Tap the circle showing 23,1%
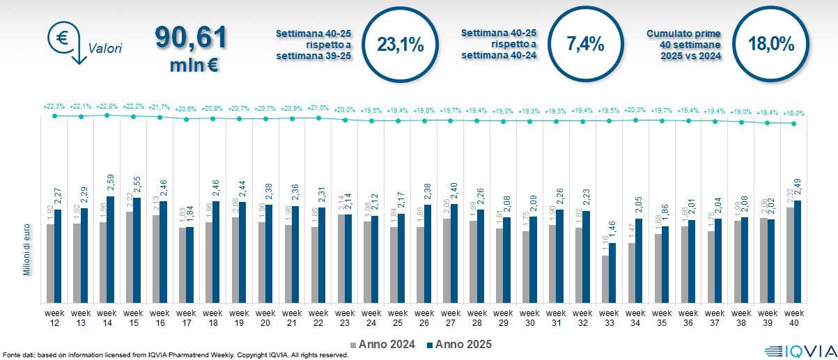[400, 45]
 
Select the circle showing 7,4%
[585, 45]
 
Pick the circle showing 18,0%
[770, 45]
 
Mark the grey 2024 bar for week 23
[341, 258]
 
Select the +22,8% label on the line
[107, 107]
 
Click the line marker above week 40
[793, 123]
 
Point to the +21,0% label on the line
[318, 109]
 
